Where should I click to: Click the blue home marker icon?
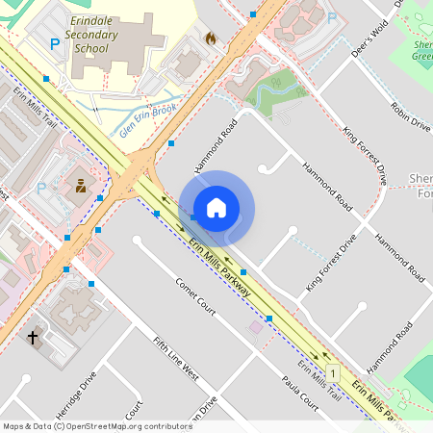pyautogui.click(x=216, y=208)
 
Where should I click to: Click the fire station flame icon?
pyautogui.click(x=210, y=38)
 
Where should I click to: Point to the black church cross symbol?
pyautogui.click(x=34, y=337)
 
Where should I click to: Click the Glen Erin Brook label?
pyautogui.click(x=145, y=122)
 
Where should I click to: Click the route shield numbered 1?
pyautogui.click(x=333, y=372)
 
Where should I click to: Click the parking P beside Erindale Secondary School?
pyautogui.click(x=55, y=43)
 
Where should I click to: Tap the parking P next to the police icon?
pyautogui.click(x=41, y=189)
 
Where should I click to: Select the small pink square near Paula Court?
pyautogui.click(x=255, y=327)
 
